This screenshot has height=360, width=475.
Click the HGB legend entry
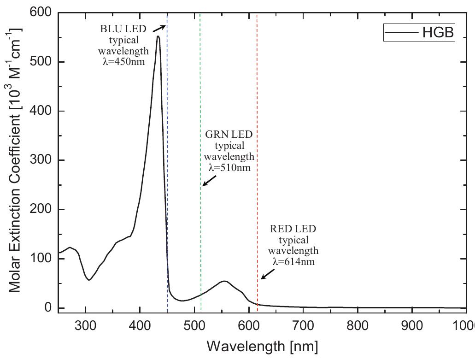pos(419,32)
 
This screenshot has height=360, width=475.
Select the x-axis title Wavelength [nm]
pos(262,345)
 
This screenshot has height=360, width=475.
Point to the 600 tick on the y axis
pos(41,12)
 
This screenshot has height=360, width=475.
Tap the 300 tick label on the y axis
pos(41,160)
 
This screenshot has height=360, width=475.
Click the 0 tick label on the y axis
pos(47,308)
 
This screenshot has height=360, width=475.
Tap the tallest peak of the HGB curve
pos(158,36)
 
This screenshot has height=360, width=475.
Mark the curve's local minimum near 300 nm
pos(89,280)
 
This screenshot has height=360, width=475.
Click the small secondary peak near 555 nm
pos(224,281)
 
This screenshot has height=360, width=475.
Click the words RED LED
pos(293,229)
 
